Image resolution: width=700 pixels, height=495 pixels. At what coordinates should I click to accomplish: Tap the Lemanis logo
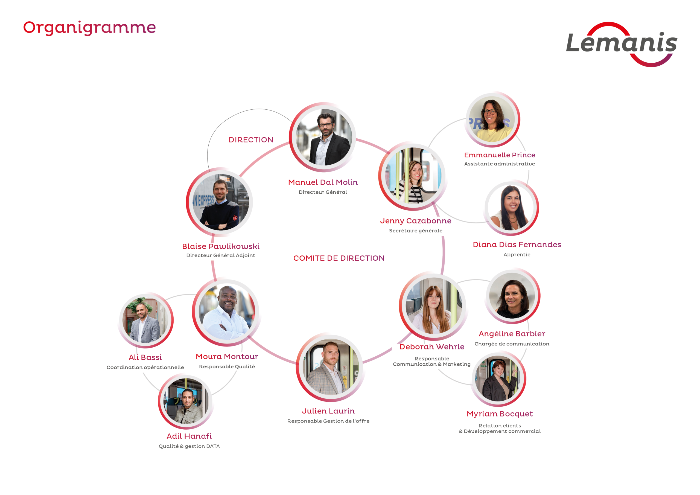621,44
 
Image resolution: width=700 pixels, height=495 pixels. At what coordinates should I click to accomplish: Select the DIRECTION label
251,140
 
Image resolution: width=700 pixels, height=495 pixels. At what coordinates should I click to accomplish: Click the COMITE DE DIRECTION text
339,258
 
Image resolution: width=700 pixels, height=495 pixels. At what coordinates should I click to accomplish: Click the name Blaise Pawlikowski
221,246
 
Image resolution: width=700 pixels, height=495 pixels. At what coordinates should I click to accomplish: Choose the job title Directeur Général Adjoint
221,255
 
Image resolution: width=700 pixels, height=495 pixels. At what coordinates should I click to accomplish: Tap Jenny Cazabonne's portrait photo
413,176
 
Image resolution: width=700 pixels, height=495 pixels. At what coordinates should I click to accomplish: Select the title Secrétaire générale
416,231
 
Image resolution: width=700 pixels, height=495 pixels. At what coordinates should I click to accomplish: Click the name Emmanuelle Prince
500,155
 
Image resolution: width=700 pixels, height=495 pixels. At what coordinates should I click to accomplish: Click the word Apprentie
517,255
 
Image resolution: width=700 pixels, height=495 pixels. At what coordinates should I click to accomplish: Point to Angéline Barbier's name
512,334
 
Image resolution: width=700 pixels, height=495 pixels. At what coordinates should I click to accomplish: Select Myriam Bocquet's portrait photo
499,379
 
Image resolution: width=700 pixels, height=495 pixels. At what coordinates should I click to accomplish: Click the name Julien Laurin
328,411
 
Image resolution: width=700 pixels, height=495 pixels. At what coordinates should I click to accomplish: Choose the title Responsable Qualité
227,366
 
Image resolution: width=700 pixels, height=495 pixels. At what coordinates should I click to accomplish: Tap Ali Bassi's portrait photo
146,320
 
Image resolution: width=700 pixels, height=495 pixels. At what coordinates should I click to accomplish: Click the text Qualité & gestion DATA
189,446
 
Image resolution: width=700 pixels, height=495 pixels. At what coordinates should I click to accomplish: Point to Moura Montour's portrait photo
226,312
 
